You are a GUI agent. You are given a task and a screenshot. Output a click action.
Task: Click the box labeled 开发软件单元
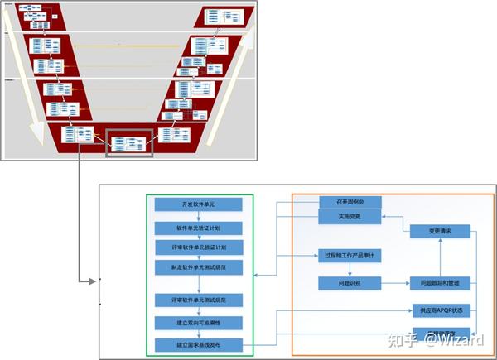tap(198, 204)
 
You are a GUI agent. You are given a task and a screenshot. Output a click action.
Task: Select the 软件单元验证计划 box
tap(198, 227)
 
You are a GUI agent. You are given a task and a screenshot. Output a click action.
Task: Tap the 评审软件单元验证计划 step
tap(198, 247)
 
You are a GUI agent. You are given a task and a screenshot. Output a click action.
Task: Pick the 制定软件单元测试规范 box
tap(198, 266)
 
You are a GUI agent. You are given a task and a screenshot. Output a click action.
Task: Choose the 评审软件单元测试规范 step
tap(198, 299)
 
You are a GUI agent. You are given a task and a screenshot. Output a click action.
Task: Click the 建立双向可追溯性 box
tap(198, 321)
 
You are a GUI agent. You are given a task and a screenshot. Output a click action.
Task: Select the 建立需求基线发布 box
tap(198, 343)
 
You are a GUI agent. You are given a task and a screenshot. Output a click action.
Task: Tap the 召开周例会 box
tap(349, 201)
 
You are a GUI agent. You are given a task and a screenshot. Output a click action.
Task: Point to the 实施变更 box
tap(349, 216)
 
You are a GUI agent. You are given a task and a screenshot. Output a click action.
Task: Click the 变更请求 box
tap(440, 231)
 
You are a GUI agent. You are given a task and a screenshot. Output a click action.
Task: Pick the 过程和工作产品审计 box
tap(349, 256)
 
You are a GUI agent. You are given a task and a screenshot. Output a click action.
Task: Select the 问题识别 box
tap(349, 283)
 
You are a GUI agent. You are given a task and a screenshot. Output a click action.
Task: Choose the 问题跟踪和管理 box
tap(440, 283)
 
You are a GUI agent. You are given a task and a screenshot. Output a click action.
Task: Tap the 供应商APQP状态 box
tap(440, 311)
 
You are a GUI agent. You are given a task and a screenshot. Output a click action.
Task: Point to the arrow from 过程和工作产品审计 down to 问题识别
tap(349, 269)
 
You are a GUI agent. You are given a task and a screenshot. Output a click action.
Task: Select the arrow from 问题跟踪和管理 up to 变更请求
tap(440, 257)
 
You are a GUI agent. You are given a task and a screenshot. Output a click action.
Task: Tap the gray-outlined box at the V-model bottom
tap(129, 143)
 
